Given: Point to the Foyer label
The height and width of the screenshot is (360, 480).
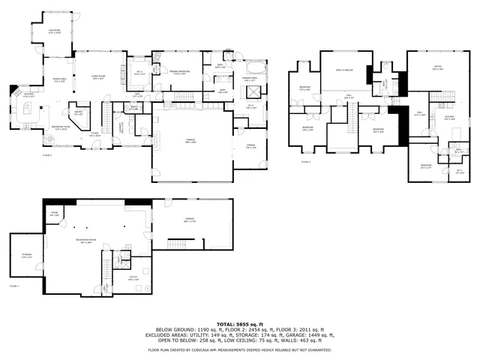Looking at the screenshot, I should click(x=94, y=135).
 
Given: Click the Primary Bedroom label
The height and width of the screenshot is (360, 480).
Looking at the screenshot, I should click(x=175, y=73).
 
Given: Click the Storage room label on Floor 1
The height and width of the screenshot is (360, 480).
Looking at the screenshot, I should click(x=26, y=256).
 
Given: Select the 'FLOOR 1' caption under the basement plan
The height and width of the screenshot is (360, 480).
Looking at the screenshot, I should click(x=13, y=286).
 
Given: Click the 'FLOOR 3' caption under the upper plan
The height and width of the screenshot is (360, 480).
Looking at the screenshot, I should click(x=305, y=161).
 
